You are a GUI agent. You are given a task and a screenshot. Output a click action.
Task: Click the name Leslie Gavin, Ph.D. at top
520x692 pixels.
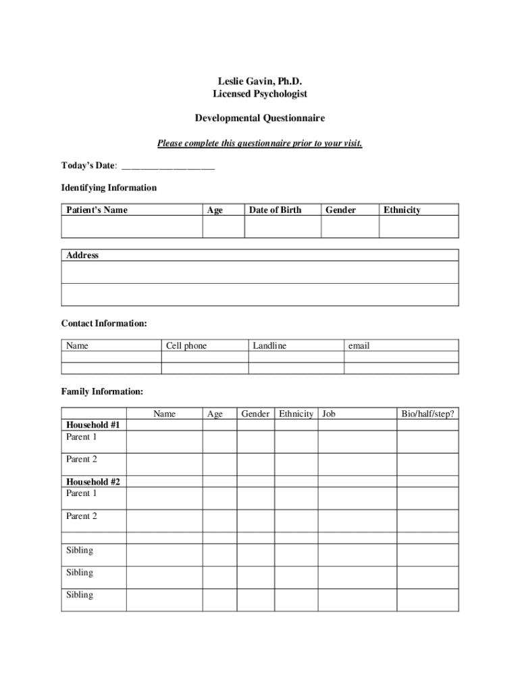(259, 82)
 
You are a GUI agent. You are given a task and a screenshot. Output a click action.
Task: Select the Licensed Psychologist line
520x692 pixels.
(259, 94)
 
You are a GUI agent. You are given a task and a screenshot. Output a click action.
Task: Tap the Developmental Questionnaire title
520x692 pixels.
(259, 118)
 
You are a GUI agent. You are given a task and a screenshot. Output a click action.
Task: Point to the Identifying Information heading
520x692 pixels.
(109, 188)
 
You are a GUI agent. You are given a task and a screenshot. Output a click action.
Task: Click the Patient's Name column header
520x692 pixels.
(97, 210)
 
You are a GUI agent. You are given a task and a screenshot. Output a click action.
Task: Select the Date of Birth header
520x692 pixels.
(275, 210)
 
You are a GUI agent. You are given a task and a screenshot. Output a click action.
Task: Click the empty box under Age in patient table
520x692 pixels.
(223, 227)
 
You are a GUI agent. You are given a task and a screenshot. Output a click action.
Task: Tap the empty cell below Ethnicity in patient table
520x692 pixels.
(419, 227)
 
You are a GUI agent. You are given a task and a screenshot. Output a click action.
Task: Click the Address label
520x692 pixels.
(82, 255)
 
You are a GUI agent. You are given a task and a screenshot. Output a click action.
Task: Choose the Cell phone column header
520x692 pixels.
(186, 346)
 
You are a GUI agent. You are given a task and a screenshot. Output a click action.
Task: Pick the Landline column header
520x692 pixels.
(269, 346)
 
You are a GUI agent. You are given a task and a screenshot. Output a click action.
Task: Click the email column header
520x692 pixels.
(359, 346)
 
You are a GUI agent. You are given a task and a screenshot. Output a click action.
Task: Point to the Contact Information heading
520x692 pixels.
(104, 324)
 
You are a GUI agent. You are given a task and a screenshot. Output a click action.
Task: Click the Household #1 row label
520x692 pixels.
(93, 425)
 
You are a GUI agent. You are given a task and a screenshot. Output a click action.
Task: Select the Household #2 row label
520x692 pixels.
(93, 482)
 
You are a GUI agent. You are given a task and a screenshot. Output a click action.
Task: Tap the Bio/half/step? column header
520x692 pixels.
(427, 414)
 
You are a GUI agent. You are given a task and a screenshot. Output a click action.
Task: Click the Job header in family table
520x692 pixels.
(329, 414)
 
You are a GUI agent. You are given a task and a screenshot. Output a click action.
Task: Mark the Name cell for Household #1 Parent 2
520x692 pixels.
(164, 464)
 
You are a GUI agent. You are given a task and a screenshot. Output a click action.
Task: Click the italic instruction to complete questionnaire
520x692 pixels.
(259, 143)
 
